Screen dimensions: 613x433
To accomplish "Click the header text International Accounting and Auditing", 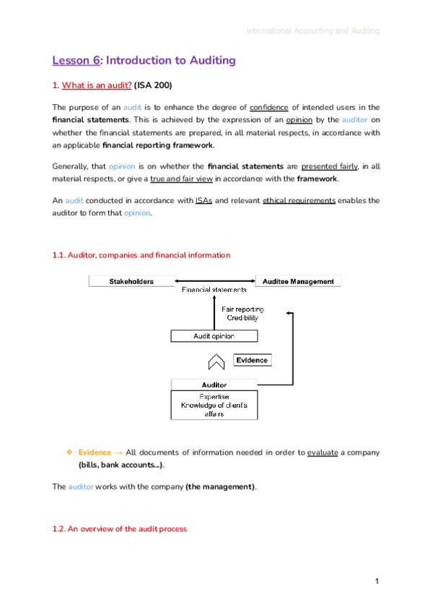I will click(x=312, y=31).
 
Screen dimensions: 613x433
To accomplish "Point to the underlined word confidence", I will click(x=268, y=107).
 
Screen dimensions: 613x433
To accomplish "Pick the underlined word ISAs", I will click(x=203, y=200).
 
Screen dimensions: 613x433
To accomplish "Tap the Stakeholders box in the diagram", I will click(x=131, y=281).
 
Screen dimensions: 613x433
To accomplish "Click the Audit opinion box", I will click(x=214, y=336).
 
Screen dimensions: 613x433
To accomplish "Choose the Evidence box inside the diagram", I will click(x=251, y=360).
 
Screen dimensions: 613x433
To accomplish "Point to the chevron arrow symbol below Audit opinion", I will click(x=214, y=361).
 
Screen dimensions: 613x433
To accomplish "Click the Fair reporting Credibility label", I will click(x=242, y=314).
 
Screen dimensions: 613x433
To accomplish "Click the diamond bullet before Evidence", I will click(x=69, y=453).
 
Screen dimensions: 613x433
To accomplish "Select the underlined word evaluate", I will click(x=322, y=453).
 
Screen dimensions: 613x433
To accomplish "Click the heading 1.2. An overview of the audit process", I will click(x=119, y=528).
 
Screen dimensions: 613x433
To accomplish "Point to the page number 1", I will click(x=377, y=581).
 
